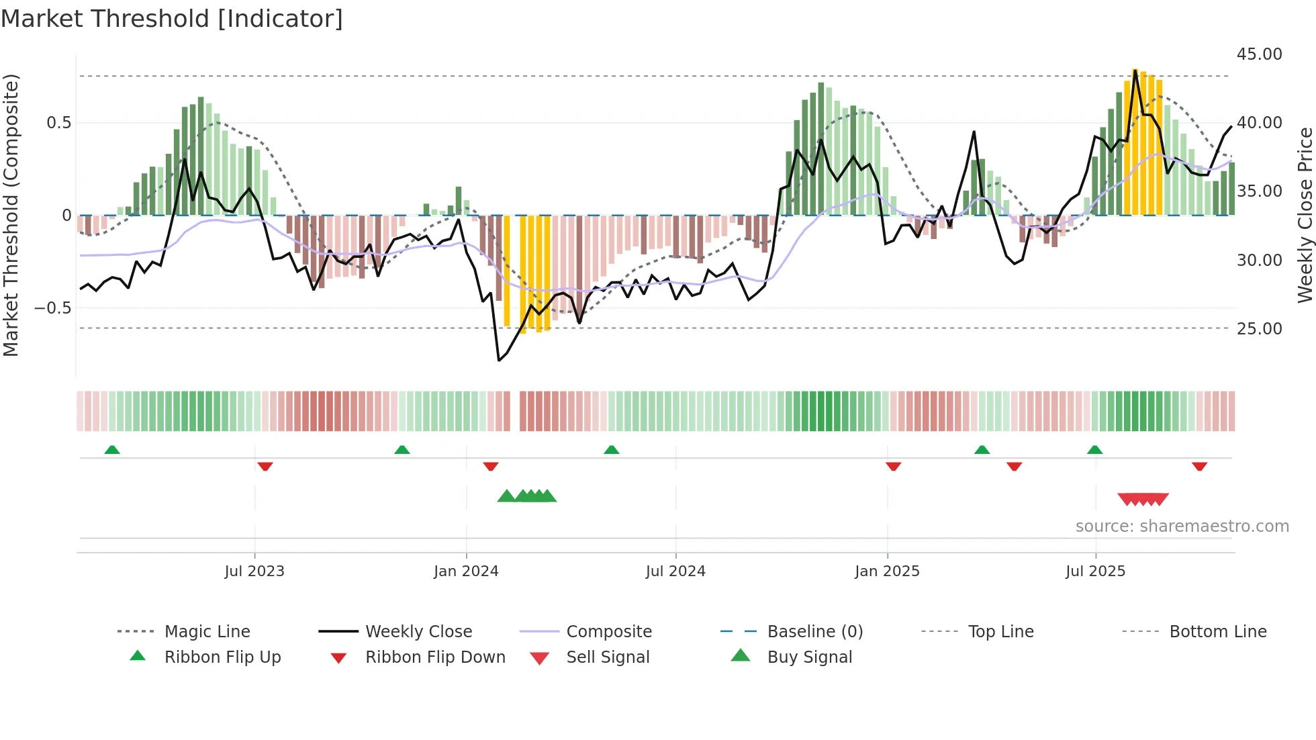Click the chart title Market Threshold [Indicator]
pyautogui.click(x=172, y=19)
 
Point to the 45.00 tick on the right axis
pyautogui.click(x=1259, y=54)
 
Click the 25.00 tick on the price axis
pyautogui.click(x=1259, y=329)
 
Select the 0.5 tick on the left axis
pyautogui.click(x=58, y=123)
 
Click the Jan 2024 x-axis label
pyautogui.click(x=466, y=571)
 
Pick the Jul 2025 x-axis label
pyautogui.click(x=1095, y=571)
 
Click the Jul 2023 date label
pyautogui.click(x=254, y=571)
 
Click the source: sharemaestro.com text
pyautogui.click(x=1182, y=526)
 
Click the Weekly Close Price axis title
pyautogui.click(x=1305, y=215)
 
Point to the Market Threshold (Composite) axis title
pyautogui.click(x=11, y=215)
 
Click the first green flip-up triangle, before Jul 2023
pyautogui.click(x=112, y=450)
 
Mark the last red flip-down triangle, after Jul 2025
pyautogui.click(x=1199, y=466)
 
